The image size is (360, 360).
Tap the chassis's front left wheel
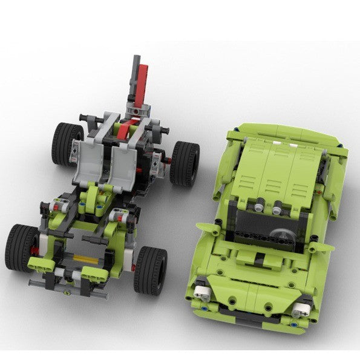(x=22, y=247)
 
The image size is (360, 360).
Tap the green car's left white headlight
(x=206, y=293)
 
